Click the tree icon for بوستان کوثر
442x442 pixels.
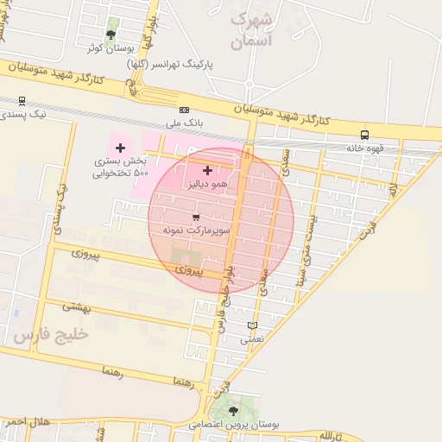coord(110,35)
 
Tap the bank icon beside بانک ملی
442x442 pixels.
coord(184,110)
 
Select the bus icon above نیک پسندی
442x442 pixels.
coord(21,100)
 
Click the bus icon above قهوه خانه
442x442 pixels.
coord(364,135)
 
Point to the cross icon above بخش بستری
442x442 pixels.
coord(120,148)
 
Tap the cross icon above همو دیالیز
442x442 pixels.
coord(207,171)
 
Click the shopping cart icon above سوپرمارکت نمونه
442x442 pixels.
coord(197,217)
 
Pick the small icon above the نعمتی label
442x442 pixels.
coord(252,325)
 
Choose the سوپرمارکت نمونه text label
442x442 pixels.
coord(189,233)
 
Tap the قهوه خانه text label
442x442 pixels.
coord(363,148)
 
